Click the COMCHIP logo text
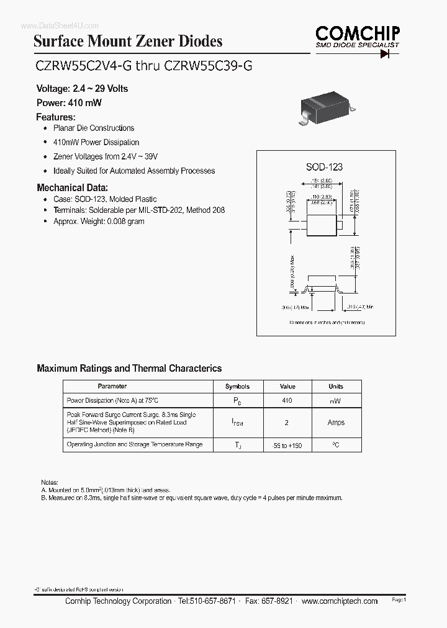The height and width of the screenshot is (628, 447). tap(357, 32)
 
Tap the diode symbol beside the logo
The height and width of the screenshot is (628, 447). tap(389, 54)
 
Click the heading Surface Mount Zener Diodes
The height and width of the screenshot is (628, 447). tap(127, 42)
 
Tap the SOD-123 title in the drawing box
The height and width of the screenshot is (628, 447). tap(324, 167)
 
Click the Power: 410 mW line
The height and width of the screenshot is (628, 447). tap(68, 103)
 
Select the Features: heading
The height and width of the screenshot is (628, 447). tap(56, 117)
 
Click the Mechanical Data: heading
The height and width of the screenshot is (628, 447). tap(72, 187)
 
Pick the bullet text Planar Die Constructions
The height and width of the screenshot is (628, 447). tap(94, 128)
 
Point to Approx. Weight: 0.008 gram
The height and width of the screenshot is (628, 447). tap(99, 221)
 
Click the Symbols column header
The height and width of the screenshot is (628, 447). tap(237, 386)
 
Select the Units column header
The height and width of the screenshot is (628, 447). tap(336, 386)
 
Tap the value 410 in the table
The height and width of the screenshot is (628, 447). tap(287, 401)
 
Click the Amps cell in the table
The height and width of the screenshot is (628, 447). tap(336, 423)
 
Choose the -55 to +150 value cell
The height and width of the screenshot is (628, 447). tap(287, 446)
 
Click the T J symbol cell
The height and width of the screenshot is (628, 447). tap(237, 446)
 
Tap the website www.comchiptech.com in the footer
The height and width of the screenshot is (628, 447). tap(341, 601)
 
